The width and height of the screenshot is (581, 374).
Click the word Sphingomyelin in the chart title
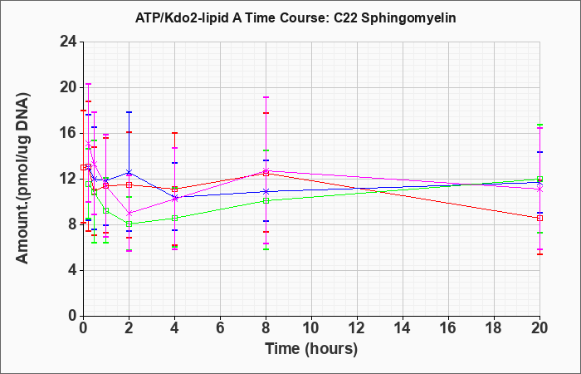coord(408,18)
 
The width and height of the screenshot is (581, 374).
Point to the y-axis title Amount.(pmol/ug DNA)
coord(23,179)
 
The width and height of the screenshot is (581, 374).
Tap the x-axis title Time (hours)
coord(311,349)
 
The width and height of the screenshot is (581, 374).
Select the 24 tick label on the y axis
coord(69,42)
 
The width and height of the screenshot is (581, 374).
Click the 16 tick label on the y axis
coord(69,133)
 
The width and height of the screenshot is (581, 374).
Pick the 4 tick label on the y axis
coord(73,270)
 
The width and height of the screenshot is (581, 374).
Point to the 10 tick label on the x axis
coord(311,328)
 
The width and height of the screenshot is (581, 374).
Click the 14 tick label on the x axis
coord(403,328)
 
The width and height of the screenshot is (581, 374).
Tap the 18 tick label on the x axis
coord(494,328)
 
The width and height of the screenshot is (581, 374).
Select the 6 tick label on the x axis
coord(220,328)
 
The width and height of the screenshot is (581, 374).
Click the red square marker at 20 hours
coord(539,218)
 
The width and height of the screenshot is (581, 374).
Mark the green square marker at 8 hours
coord(266,201)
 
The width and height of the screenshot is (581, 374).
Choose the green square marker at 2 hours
coord(129,224)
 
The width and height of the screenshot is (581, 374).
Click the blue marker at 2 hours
coord(129,173)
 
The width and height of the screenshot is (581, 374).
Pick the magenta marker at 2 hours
coord(129,214)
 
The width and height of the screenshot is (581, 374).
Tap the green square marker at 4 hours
coord(174,218)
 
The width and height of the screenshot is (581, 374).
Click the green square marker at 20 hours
coord(539,179)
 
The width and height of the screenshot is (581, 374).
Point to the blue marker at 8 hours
coord(266,191)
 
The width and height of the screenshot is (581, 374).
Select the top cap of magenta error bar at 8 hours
coord(266,97)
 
